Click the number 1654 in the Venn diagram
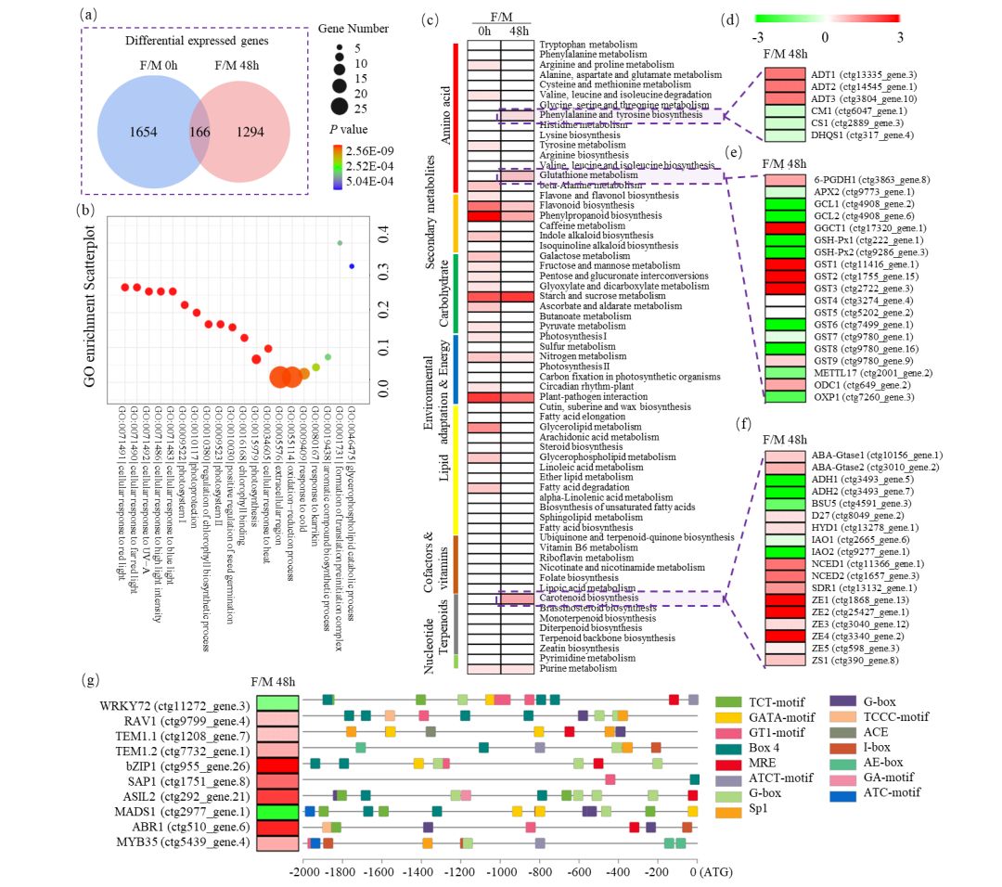click(143, 133)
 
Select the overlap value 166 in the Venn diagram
click(199, 133)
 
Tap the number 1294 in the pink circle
click(250, 133)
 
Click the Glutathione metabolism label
click(588, 175)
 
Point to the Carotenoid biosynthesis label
click(588, 598)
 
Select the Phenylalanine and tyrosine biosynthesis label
click(621, 115)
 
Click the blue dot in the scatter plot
click(352, 266)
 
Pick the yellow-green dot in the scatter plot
click(315, 367)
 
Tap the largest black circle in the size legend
click(340, 107)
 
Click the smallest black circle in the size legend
click(340, 47)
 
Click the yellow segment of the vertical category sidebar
click(456, 469)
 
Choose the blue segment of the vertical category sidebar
click(456, 369)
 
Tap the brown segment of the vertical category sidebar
click(456, 563)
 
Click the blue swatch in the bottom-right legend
click(842, 796)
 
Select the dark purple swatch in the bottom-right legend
click(842, 701)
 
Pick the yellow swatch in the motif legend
click(728, 717)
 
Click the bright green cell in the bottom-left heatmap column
click(277, 812)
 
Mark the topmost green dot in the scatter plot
click(340, 243)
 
